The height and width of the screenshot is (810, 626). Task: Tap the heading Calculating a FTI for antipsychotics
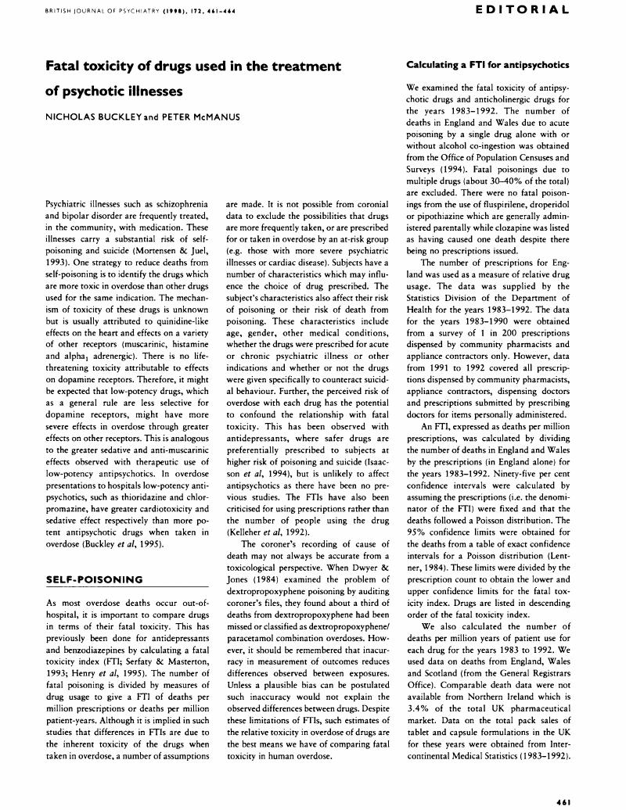click(x=487, y=65)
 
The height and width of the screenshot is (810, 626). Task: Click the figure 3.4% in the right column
click(x=422, y=758)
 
